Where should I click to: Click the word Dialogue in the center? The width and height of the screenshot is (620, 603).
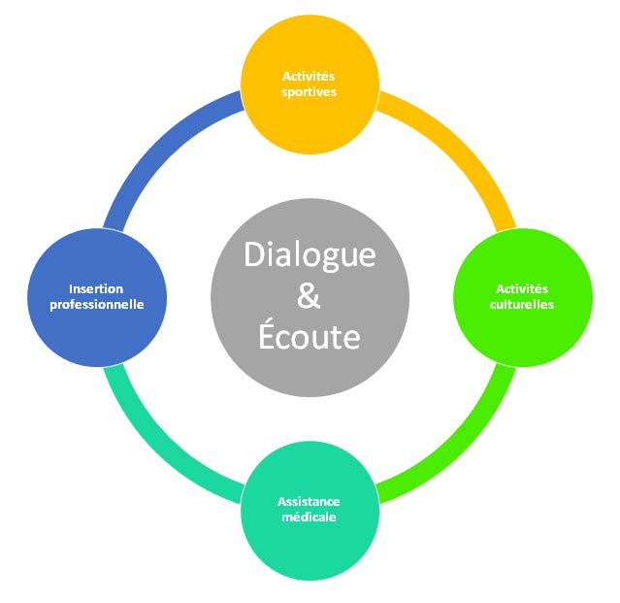point(309,253)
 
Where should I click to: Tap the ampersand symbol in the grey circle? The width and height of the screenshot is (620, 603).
point(309,295)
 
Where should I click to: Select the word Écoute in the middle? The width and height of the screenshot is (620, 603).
point(310,337)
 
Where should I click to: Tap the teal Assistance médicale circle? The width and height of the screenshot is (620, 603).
point(309,544)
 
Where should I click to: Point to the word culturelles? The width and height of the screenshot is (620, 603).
point(522,304)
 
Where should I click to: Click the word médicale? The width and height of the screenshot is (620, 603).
point(309,518)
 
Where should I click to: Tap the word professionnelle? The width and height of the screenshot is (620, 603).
point(97,304)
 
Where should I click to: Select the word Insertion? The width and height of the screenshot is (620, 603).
point(97,288)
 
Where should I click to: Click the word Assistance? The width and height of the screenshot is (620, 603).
point(309,502)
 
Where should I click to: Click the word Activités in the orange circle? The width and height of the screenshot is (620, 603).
point(310,76)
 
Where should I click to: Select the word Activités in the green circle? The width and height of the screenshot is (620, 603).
point(522,288)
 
